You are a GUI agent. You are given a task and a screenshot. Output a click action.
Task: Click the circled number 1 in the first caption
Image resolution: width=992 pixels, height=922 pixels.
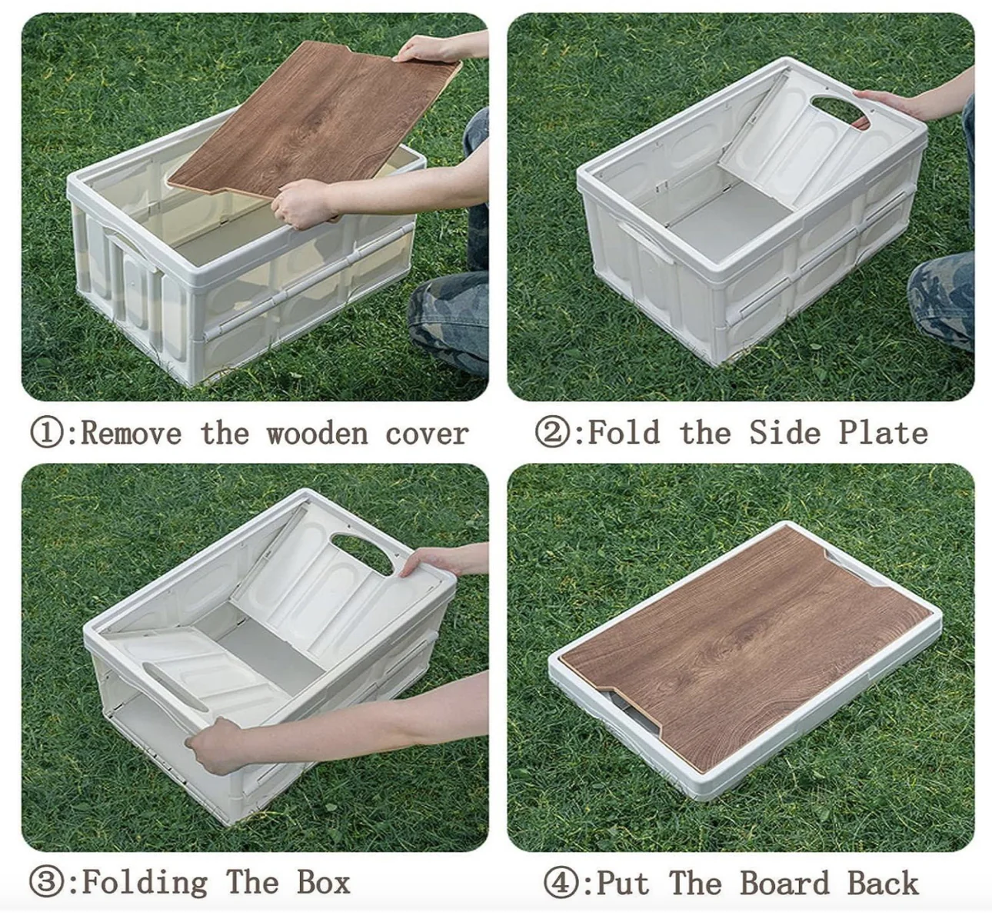[x=47, y=433]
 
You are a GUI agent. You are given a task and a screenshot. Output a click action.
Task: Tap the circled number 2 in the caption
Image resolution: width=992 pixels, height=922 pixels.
[x=552, y=433]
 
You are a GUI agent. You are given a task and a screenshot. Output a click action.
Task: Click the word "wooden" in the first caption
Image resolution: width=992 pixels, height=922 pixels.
[x=317, y=434]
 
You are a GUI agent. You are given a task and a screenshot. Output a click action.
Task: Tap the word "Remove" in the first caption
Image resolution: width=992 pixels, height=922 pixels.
[x=131, y=434]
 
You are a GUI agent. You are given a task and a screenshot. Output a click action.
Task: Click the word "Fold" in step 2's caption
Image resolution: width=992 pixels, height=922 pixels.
[x=624, y=433]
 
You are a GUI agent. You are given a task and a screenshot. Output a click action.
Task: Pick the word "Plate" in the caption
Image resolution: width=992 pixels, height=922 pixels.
[x=883, y=433]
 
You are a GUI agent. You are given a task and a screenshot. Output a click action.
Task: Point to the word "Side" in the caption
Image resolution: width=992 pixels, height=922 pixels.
[x=784, y=433]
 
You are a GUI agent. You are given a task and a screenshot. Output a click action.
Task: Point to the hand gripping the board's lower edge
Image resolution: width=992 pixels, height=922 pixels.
[x=301, y=203]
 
